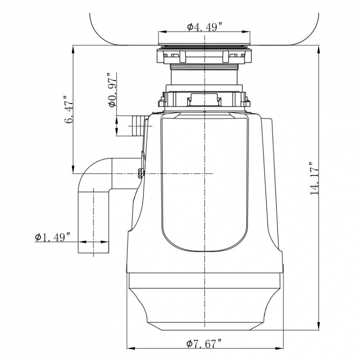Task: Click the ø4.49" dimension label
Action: [x=205, y=27]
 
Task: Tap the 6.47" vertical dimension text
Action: [x=67, y=110]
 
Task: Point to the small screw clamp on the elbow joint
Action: [x=140, y=172]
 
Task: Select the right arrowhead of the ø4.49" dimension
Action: [x=248, y=31]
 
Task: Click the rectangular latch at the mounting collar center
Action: [x=205, y=97]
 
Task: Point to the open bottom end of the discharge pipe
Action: [x=94, y=255]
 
